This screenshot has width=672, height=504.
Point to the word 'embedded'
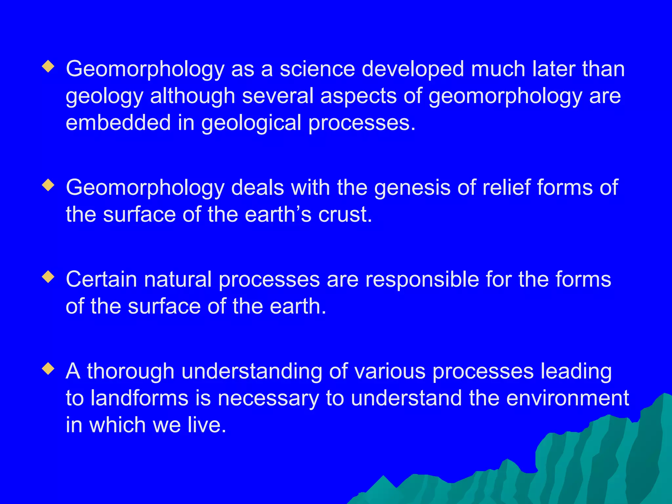118,122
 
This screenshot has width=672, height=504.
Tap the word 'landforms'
139,398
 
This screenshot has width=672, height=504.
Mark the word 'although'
193,96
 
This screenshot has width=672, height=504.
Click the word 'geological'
251,123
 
